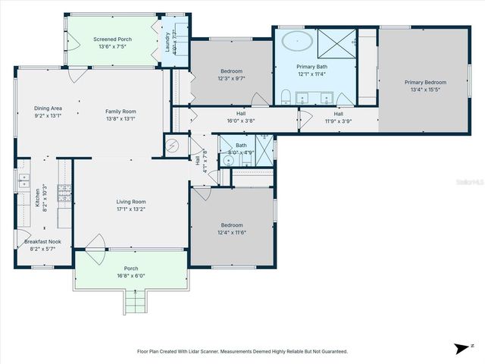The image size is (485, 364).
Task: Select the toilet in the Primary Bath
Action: [285, 96]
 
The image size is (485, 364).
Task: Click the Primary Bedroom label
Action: [424, 82]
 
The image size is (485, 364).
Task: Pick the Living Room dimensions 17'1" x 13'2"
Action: [131, 209]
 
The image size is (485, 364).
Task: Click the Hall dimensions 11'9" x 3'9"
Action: [339, 121]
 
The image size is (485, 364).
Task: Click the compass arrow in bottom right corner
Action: [460, 349]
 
